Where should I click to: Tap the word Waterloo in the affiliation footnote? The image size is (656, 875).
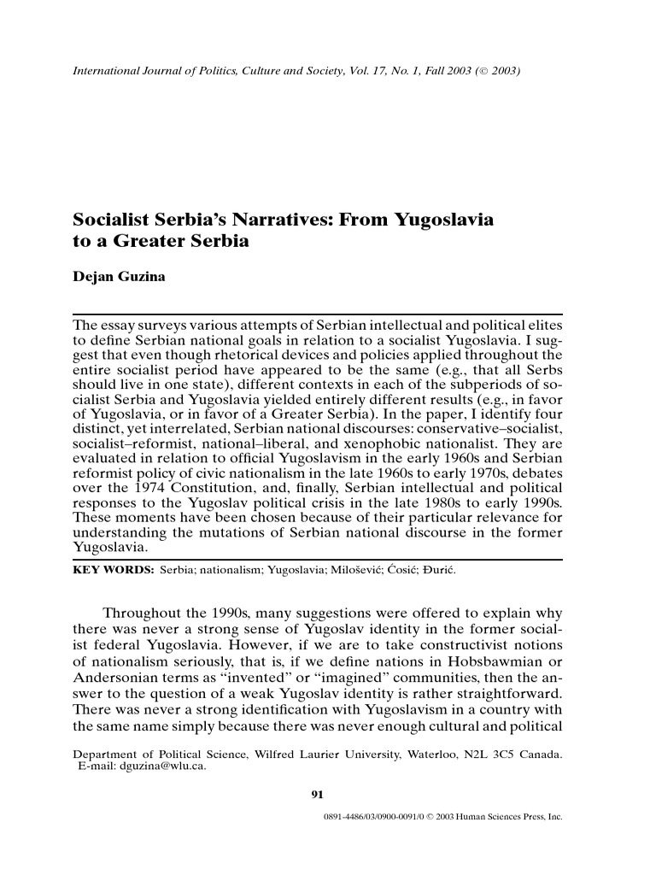point(420,755)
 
